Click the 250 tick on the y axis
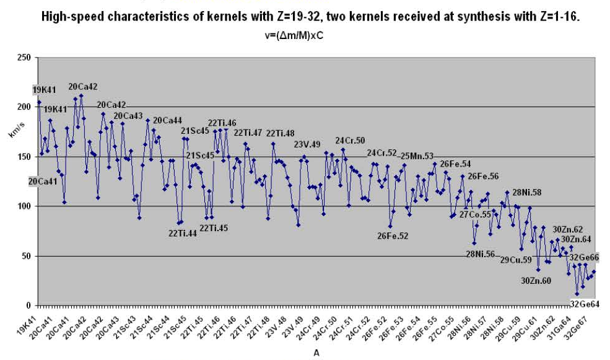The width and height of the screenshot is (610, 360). coord(24,58)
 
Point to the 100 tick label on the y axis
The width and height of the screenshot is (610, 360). coord(24,206)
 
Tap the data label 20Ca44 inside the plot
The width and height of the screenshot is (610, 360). coord(167,121)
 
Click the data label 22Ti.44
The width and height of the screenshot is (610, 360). coord(181,234)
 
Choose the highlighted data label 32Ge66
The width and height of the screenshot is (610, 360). coord(584,257)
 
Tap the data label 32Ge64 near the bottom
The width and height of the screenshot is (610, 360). coord(585,303)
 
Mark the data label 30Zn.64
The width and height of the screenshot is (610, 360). coord(575,239)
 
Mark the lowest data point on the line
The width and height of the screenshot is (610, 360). coord(577,294)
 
